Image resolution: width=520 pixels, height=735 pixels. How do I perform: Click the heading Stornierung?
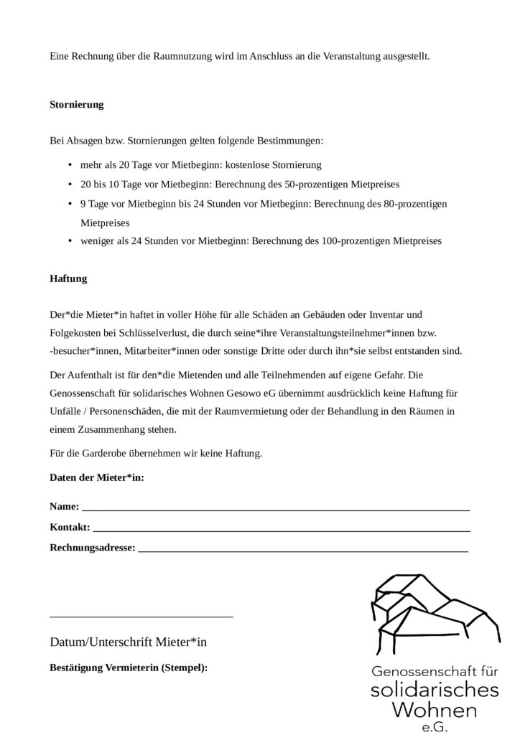click(x=76, y=105)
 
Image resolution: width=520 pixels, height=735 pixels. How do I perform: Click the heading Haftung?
click(x=68, y=278)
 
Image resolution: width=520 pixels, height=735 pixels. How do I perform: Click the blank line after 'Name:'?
click(x=276, y=508)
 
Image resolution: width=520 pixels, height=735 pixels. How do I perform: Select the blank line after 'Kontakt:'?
click(x=281, y=529)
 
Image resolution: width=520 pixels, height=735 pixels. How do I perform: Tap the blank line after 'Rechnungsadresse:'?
click(x=302, y=550)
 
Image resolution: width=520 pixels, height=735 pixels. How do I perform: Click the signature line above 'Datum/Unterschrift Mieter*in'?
click(x=141, y=616)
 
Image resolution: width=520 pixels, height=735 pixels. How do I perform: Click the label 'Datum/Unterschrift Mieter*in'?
click(x=129, y=642)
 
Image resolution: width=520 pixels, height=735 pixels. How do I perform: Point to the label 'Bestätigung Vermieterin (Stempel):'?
click(x=129, y=668)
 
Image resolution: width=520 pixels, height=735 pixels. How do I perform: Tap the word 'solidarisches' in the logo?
click(x=435, y=690)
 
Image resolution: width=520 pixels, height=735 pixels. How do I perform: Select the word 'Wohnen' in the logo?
click(x=435, y=711)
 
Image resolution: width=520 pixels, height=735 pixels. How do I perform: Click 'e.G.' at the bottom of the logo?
click(x=435, y=727)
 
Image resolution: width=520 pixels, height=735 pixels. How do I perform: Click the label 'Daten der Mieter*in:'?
click(x=97, y=477)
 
